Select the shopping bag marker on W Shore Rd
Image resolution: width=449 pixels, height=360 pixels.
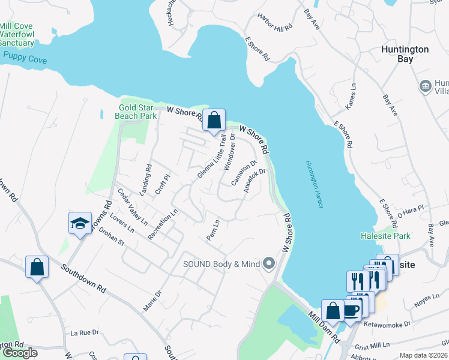(213, 121)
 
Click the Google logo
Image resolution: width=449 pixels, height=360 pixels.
(20, 352)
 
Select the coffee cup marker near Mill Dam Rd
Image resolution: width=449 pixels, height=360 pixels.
(351, 310)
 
